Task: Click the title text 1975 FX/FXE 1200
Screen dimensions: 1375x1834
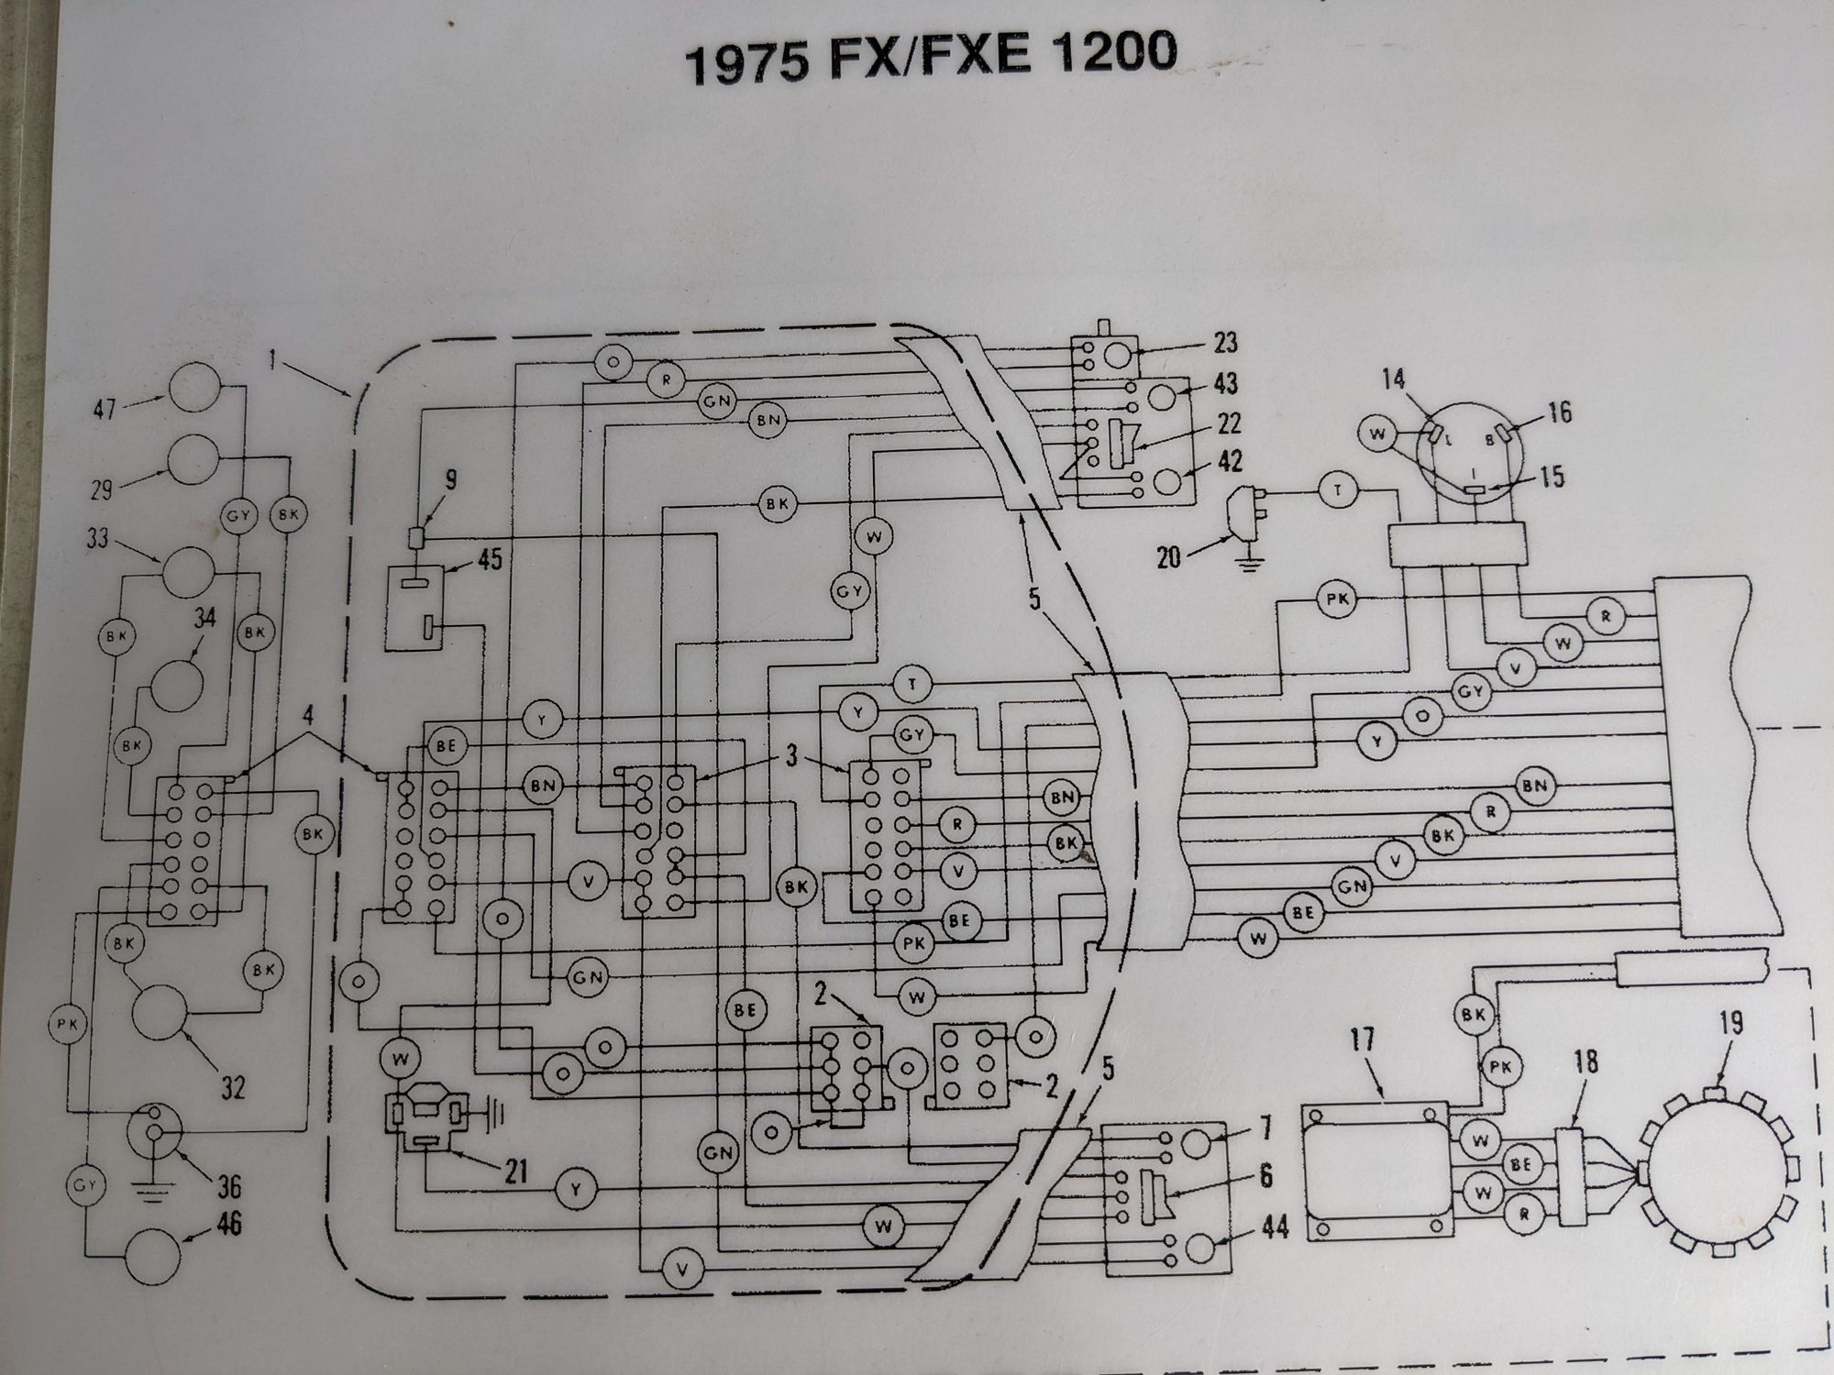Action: coord(930,57)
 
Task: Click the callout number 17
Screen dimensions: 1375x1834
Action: coord(1363,1041)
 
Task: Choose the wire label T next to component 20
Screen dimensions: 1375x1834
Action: coord(1338,490)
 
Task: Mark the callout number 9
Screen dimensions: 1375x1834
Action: coord(451,479)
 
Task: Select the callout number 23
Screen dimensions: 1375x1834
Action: coord(1225,343)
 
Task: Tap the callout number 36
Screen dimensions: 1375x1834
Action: coord(228,1187)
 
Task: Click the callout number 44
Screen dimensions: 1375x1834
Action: coord(1275,1226)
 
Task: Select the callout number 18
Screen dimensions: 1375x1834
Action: coord(1585,1062)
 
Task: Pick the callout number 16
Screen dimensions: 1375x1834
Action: coord(1559,412)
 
